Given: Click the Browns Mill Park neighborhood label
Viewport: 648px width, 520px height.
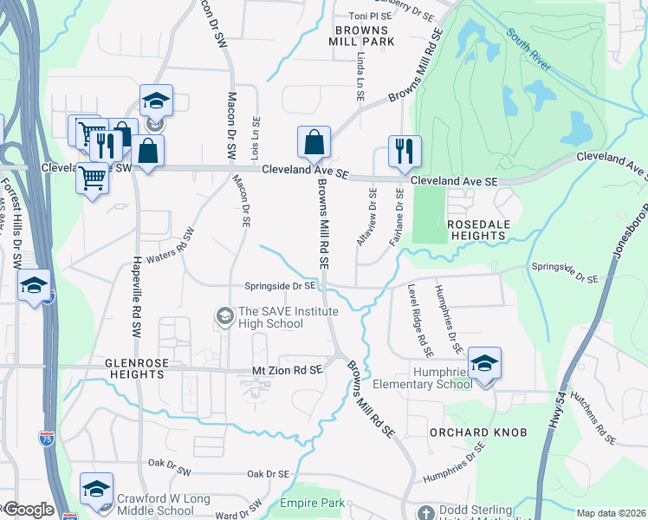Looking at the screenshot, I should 362,35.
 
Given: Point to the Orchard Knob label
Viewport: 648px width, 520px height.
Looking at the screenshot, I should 467,431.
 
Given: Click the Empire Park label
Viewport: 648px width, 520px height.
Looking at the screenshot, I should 312,503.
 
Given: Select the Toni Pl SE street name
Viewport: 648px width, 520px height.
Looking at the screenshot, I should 370,16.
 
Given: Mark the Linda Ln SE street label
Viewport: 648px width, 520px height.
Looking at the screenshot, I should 360,75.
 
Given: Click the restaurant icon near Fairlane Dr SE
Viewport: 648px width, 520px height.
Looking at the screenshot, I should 405,151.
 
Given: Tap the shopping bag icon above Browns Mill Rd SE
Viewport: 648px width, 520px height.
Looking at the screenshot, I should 314,142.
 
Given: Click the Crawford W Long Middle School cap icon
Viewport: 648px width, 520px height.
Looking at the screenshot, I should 96,489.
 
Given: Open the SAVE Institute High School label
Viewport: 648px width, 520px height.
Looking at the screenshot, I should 270,318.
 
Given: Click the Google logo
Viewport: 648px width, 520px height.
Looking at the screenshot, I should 28,510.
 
